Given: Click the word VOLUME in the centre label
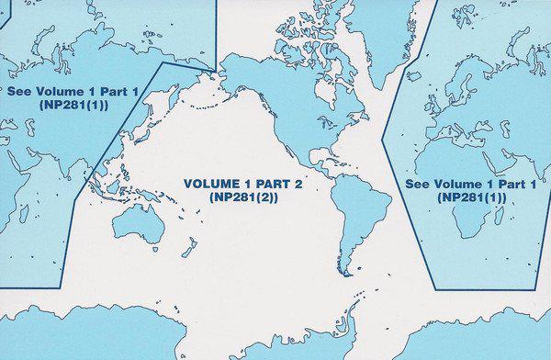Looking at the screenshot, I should (x=212, y=184).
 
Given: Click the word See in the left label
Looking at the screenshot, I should (x=18, y=92).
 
